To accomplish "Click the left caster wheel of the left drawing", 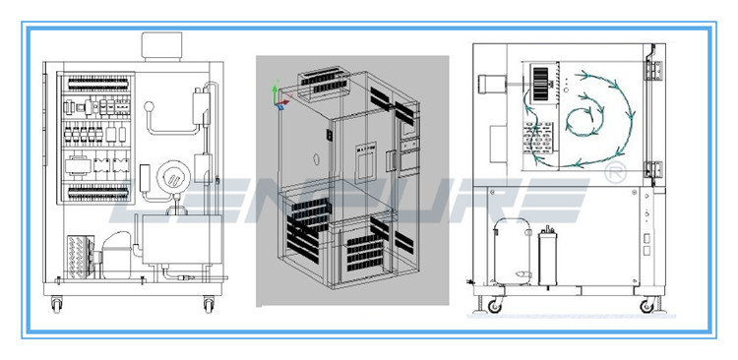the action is pyautogui.click(x=56, y=305).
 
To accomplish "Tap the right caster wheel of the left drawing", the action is pyautogui.click(x=209, y=305).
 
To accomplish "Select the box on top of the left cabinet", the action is pyautogui.click(x=161, y=46).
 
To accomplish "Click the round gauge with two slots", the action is pyautogui.click(x=173, y=176).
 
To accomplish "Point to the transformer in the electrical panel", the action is pyautogui.click(x=78, y=165).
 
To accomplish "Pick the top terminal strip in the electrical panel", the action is pyautogui.click(x=97, y=85).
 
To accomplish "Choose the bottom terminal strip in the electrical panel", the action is pyautogui.click(x=97, y=192).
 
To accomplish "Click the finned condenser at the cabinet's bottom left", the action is pyautogui.click(x=81, y=258).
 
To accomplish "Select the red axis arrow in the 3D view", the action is pyautogui.click(x=284, y=100).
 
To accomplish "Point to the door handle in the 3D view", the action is pyautogui.click(x=391, y=160).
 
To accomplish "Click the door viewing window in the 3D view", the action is pyautogui.click(x=365, y=162).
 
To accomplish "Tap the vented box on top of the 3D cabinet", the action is pyautogui.click(x=324, y=84).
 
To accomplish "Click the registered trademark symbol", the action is pyautogui.click(x=615, y=172).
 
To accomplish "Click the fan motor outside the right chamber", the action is pyautogui.click(x=489, y=84).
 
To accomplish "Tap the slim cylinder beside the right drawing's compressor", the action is pyautogui.click(x=547, y=257).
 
